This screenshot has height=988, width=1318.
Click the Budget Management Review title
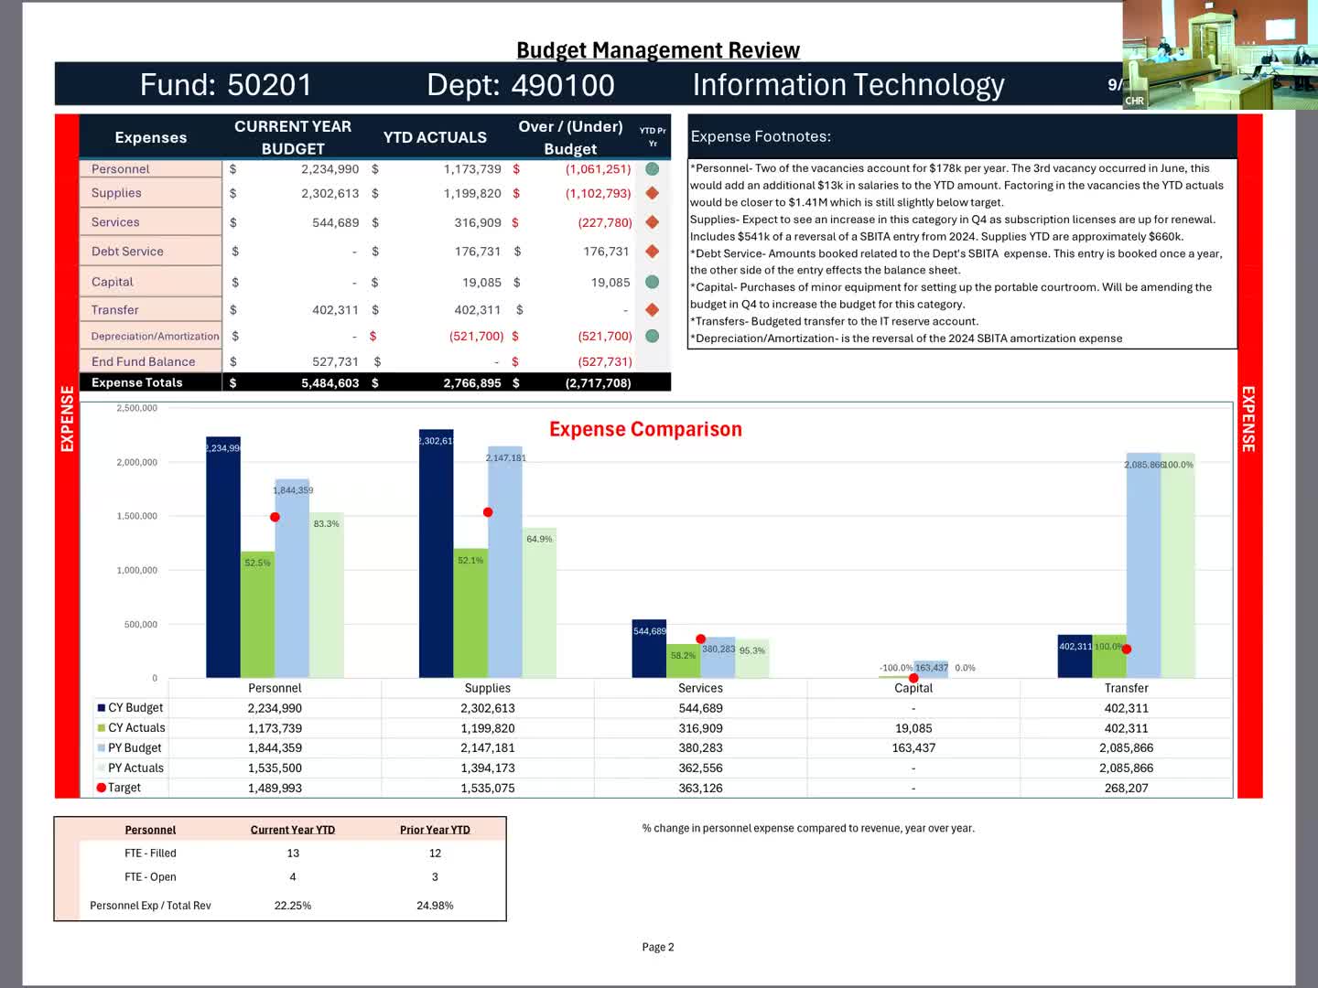(658, 50)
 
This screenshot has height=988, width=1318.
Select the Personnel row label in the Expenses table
(120, 169)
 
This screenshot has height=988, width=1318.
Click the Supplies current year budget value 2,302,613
(329, 194)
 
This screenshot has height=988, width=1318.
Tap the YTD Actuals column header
(435, 137)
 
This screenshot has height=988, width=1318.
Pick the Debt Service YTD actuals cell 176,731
(477, 252)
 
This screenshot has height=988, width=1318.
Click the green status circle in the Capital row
(653, 282)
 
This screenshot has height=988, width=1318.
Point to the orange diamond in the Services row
(653, 222)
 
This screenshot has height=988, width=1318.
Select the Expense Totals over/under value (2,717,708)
(598, 383)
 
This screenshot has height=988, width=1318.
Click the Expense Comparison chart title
(645, 429)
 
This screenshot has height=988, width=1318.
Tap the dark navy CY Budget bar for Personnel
(223, 558)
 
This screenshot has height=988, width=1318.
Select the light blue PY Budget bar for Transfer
(1143, 567)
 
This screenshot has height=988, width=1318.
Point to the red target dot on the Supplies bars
(488, 512)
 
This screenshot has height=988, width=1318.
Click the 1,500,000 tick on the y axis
(136, 516)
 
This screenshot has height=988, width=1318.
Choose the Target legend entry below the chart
(124, 788)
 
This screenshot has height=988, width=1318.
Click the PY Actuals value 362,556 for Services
(700, 768)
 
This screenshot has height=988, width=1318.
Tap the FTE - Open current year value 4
(293, 876)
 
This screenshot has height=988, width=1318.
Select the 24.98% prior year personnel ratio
(435, 906)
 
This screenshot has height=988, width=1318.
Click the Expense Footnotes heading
(761, 136)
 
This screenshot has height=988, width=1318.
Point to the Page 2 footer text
(658, 947)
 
